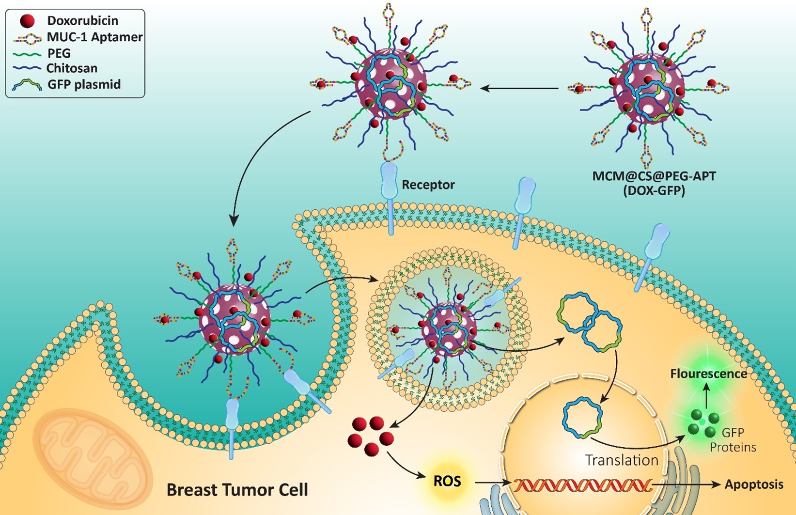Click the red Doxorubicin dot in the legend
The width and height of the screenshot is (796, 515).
[x=28, y=21]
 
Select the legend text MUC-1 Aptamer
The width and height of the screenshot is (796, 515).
[x=94, y=37]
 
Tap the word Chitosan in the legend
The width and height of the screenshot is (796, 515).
[x=72, y=68]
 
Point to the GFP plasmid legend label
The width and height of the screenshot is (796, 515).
[x=84, y=84]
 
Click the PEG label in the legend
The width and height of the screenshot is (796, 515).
[x=59, y=53]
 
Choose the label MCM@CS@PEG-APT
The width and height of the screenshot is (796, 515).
[x=654, y=175]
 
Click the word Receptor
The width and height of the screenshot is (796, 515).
[x=428, y=185]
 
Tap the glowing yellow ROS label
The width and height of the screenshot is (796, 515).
[x=447, y=482]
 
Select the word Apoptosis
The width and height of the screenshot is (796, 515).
[x=754, y=484]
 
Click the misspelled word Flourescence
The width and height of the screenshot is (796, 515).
[x=708, y=374]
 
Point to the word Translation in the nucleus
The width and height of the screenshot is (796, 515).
[x=622, y=460]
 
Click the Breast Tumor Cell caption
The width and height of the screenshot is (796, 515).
[x=237, y=489]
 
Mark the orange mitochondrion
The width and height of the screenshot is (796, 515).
[x=92, y=456]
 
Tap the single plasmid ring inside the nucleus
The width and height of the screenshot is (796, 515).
[x=582, y=417]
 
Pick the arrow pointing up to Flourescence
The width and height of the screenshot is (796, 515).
[x=706, y=395]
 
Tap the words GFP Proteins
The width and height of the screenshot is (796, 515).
[x=733, y=440]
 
